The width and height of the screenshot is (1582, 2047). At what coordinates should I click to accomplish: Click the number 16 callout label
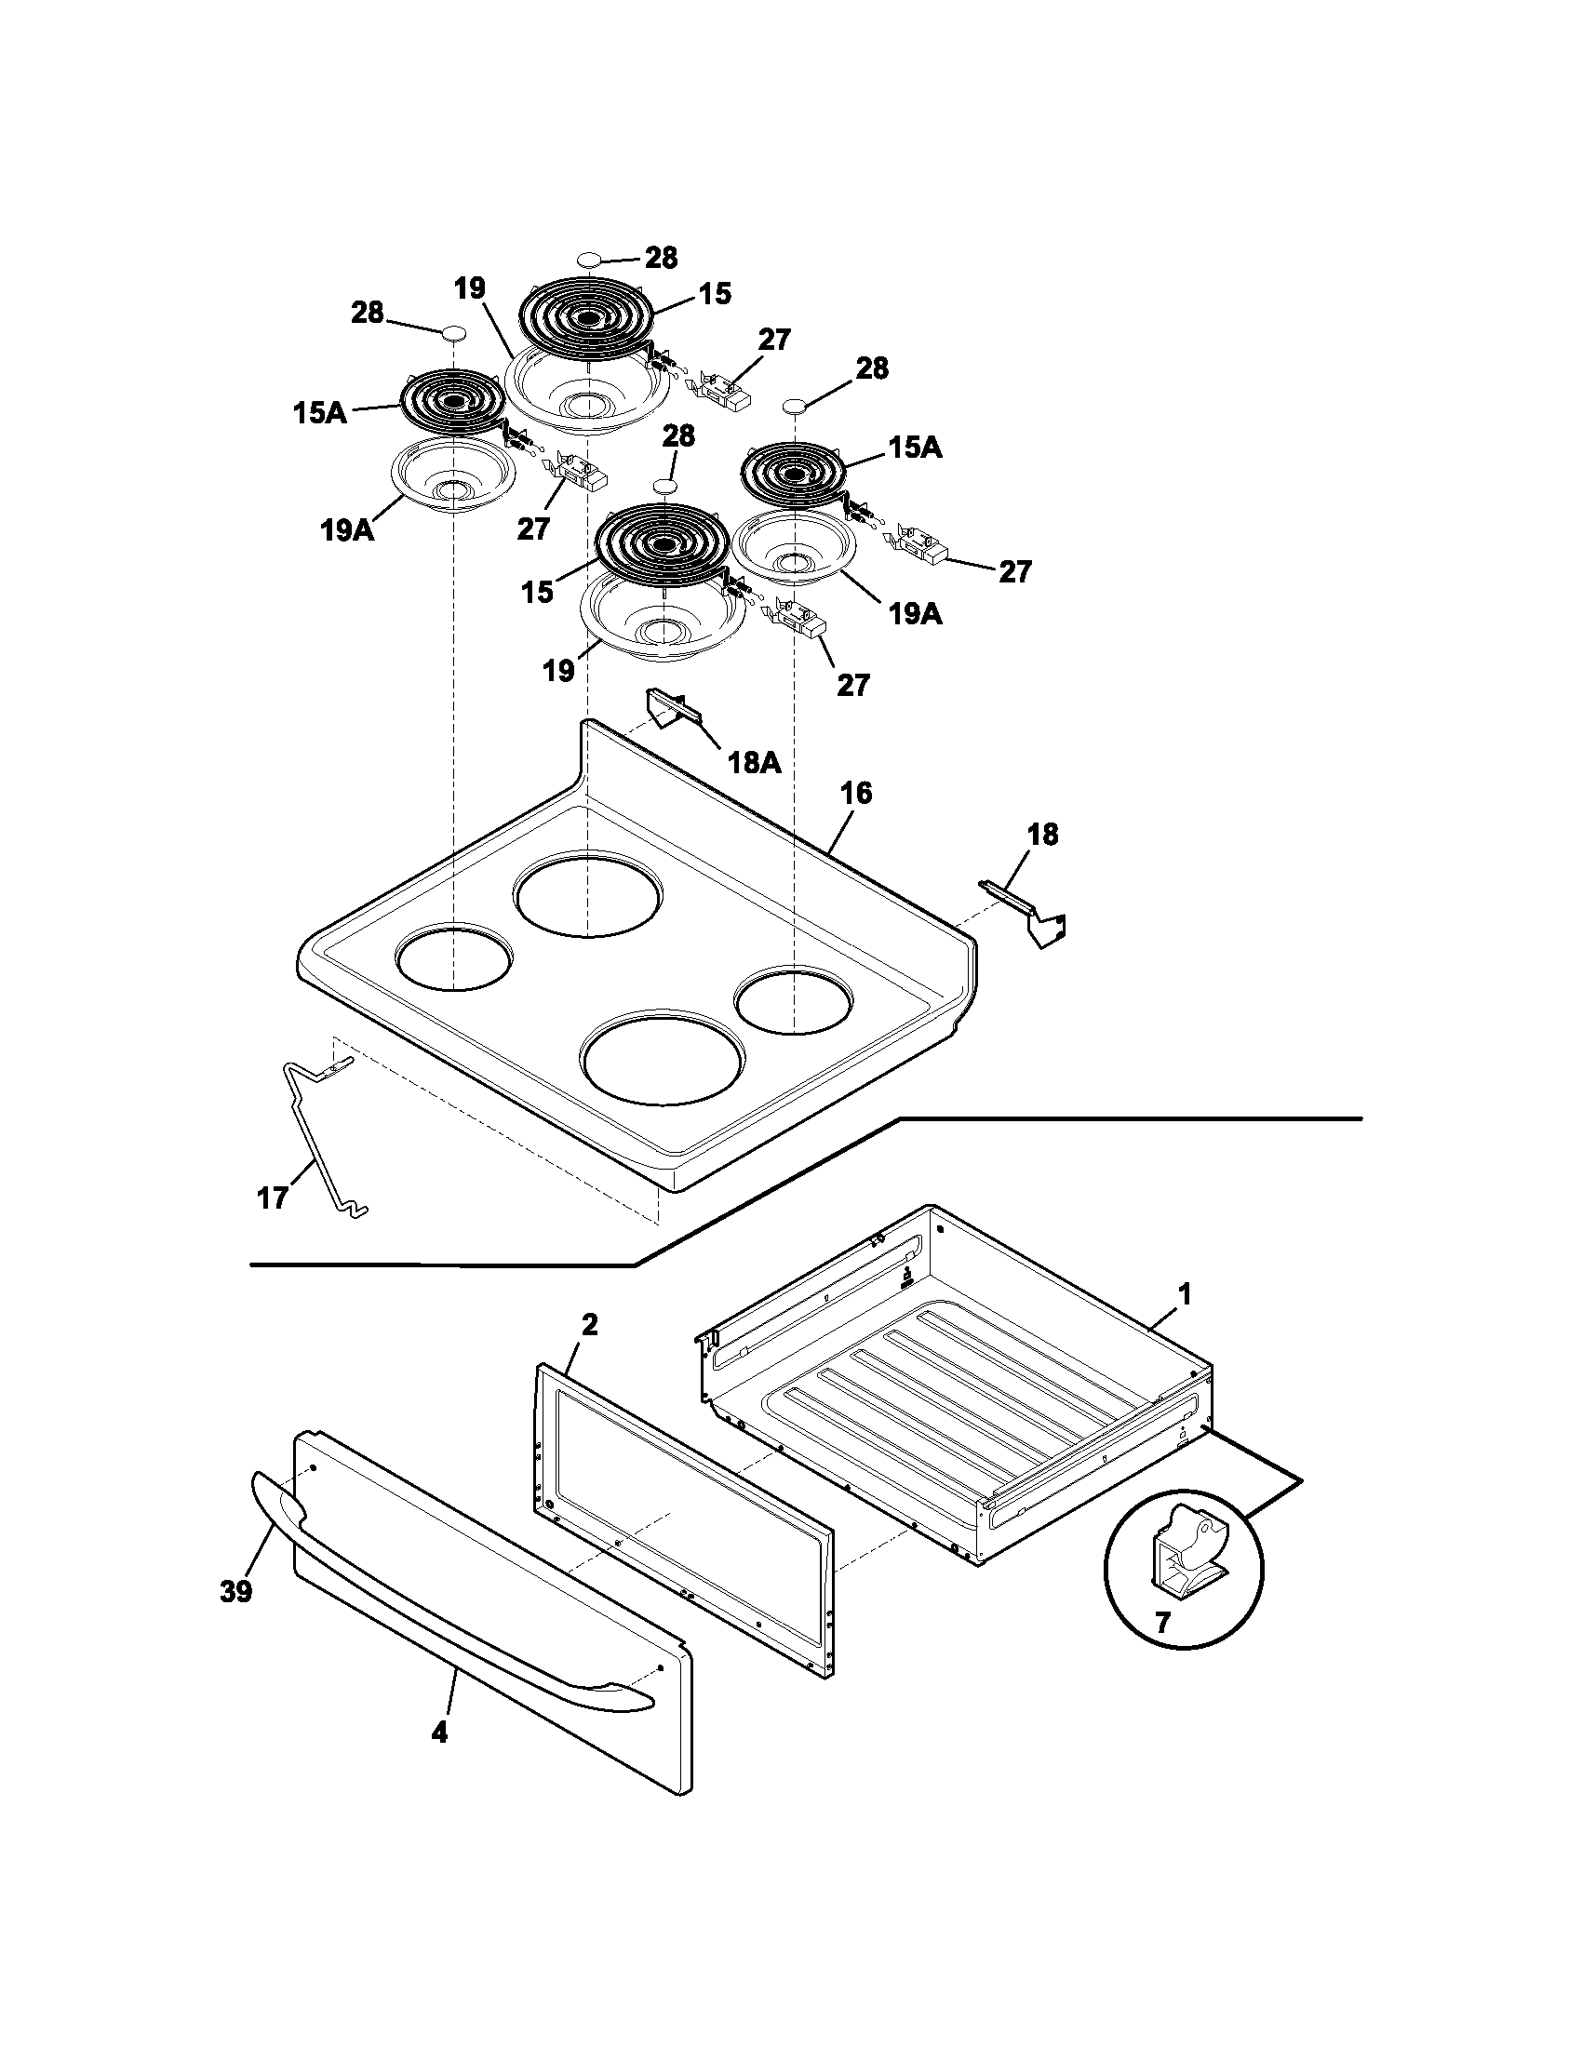[x=854, y=793]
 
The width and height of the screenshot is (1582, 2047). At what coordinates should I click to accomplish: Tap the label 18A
[x=755, y=762]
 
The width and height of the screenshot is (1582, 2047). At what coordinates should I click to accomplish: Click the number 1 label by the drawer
[x=1184, y=1294]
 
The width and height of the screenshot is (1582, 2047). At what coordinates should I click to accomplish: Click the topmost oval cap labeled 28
[x=588, y=260]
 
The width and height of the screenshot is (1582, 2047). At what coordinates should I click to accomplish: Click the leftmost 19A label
[x=346, y=530]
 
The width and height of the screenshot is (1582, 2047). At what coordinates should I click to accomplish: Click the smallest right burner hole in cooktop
[x=794, y=1001]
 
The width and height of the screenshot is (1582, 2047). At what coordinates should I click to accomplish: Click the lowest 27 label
[x=852, y=684]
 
